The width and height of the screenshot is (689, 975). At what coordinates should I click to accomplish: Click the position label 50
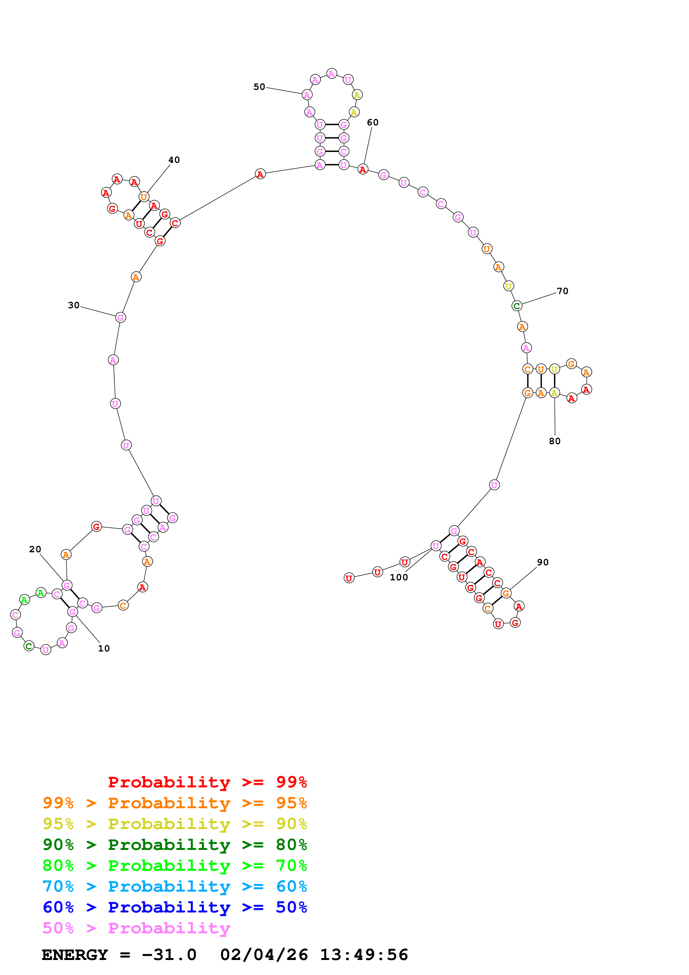[x=259, y=87]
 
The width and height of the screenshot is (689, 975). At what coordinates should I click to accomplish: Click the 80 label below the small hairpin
[x=554, y=441]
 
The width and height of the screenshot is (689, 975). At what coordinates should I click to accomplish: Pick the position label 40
[x=174, y=160]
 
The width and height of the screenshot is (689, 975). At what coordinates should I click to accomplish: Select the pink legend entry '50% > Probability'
[x=136, y=928]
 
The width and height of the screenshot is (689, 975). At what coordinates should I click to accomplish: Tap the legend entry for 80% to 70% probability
[x=175, y=865]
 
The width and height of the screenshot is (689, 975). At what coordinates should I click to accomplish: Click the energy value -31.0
[x=169, y=955]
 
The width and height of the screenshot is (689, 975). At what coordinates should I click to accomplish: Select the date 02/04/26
[x=264, y=955]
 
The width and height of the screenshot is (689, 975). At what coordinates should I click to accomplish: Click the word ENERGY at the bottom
[x=75, y=955]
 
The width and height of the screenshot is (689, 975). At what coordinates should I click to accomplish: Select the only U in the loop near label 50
[x=348, y=80]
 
